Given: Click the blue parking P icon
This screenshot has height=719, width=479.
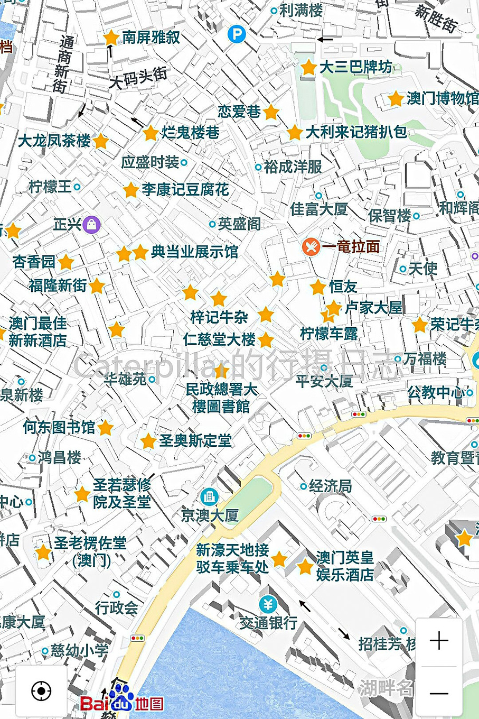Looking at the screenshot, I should [x=237, y=35].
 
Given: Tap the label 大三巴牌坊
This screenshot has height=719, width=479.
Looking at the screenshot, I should [x=355, y=67].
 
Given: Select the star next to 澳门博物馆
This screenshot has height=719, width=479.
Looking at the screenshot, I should [x=395, y=99].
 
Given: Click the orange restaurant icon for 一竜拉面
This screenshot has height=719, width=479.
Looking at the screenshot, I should [x=311, y=246].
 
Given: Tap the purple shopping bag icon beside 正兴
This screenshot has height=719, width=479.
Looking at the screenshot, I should [x=92, y=225].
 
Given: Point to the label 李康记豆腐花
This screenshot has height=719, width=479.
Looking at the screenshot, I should [x=185, y=189].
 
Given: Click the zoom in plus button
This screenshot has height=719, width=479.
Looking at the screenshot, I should [x=439, y=641].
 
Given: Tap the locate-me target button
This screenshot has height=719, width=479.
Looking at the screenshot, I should [x=41, y=690].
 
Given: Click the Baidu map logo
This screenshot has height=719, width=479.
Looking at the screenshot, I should [x=122, y=701].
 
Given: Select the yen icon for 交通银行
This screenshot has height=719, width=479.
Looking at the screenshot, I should [x=268, y=604].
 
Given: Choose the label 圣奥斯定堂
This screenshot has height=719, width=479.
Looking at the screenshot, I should [x=195, y=440].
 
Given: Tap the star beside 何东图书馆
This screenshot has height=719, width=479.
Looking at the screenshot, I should [x=106, y=428].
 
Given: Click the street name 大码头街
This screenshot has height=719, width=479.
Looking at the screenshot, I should [x=138, y=78].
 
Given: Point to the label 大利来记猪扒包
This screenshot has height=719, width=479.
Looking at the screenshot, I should [x=356, y=132].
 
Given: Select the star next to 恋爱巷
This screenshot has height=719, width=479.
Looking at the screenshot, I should [x=271, y=112].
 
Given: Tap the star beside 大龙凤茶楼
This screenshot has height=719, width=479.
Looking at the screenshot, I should [x=100, y=142].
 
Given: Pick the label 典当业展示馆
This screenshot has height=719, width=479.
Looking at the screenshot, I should [x=194, y=252].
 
